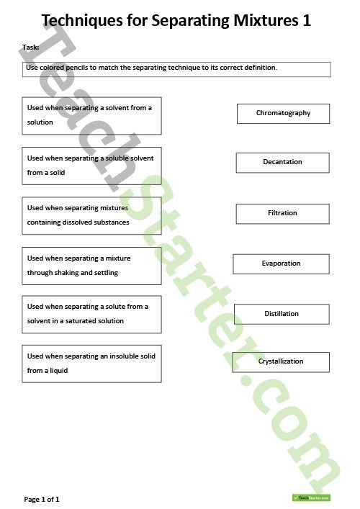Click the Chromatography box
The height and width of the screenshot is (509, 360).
283,114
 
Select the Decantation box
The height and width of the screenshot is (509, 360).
282,163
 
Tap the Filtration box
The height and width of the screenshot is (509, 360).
282,214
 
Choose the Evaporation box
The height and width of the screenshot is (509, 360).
281,264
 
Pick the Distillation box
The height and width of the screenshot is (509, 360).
282,314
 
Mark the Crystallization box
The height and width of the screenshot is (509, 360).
281,361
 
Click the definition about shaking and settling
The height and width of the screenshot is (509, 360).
91,266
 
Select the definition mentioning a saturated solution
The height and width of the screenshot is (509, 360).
91,314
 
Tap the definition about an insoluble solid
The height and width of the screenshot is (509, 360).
91,364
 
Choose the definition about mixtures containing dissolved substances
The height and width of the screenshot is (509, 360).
91,215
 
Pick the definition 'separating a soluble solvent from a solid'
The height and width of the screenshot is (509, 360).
91,166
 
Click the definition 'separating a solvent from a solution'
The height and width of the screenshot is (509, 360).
91,115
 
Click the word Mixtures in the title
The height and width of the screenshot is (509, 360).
261,21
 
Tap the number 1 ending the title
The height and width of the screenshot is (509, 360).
307,21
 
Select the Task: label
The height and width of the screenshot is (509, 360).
31,48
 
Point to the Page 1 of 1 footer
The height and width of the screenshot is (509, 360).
42,499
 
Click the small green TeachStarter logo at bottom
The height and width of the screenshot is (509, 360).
310,497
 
